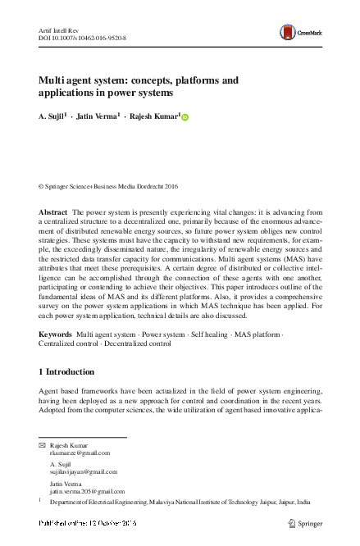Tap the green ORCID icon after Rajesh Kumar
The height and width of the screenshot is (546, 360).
[x=185, y=118]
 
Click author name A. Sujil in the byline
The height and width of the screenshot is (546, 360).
[x=52, y=117]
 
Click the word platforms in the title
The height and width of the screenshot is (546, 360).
[x=203, y=80]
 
